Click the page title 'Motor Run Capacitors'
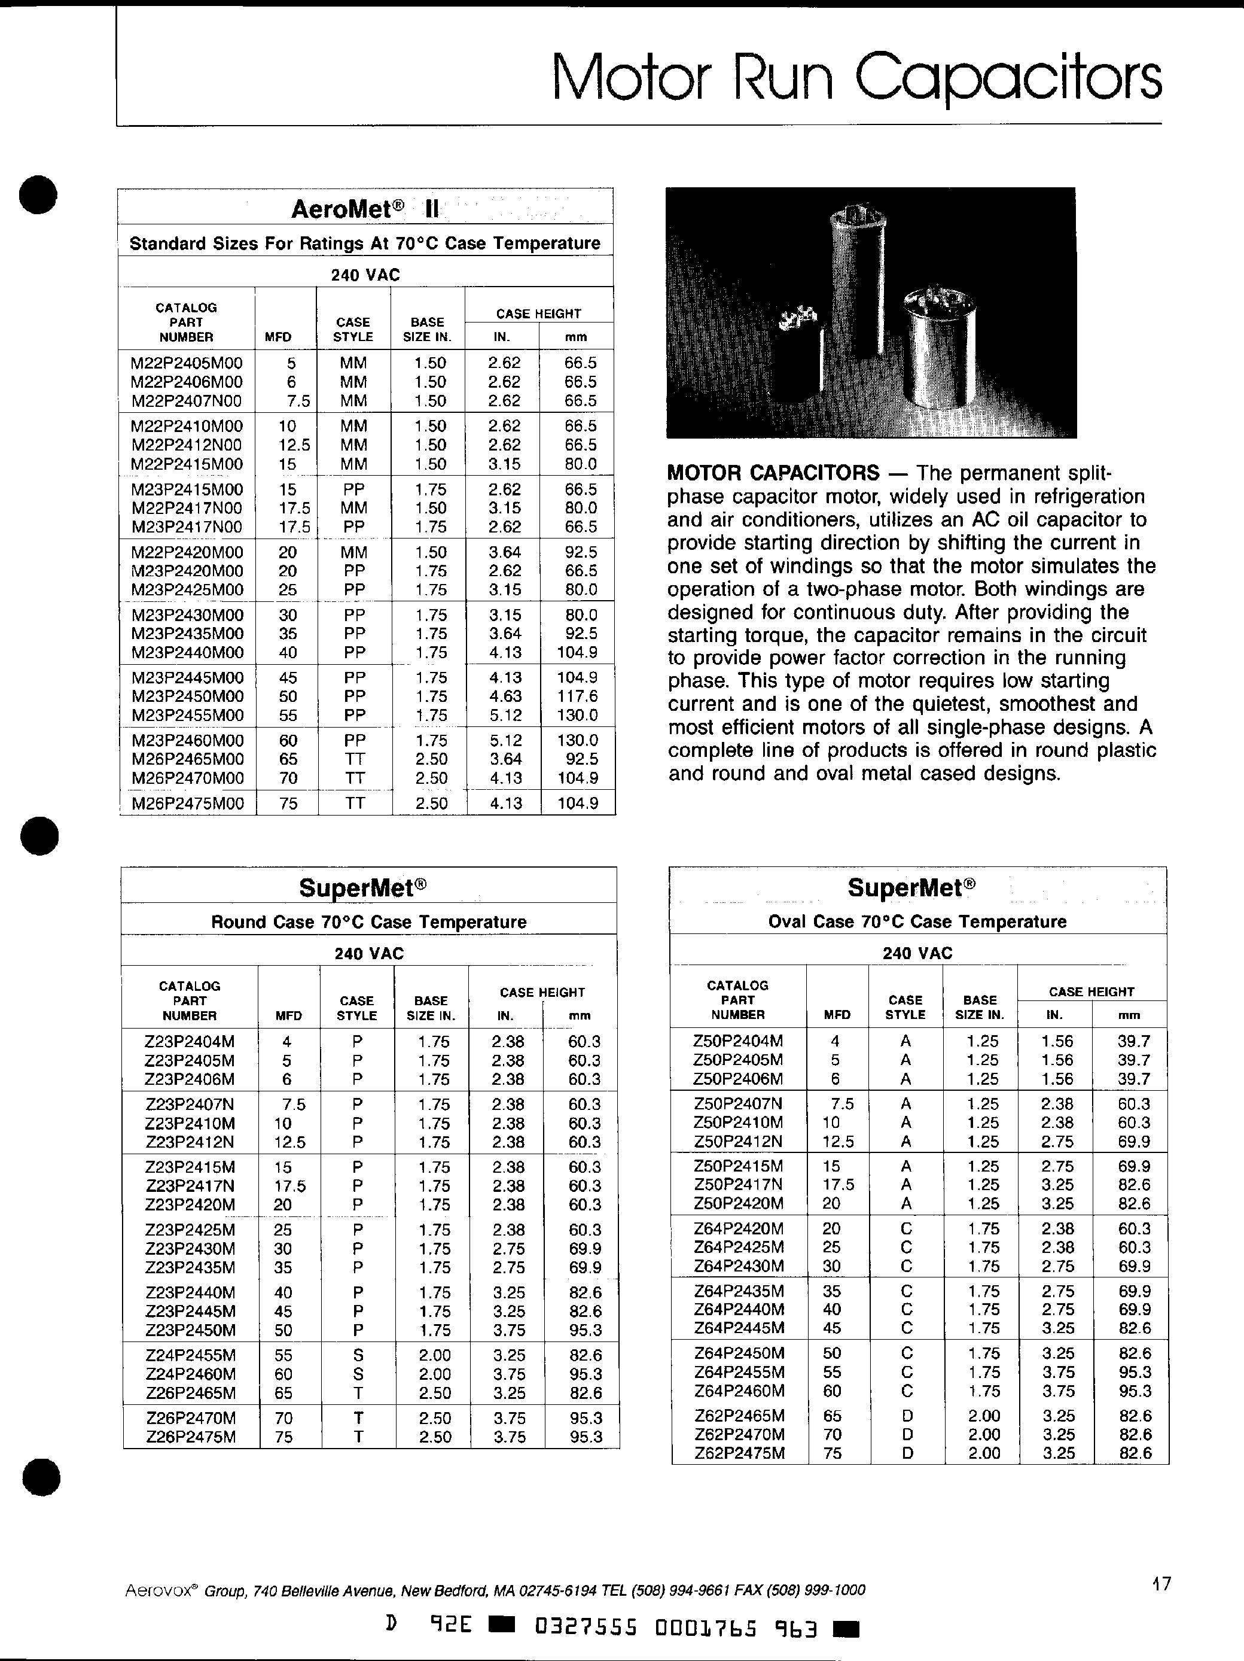coord(856,79)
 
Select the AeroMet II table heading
coord(365,208)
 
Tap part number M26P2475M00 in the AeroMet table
coord(188,804)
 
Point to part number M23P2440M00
coord(188,653)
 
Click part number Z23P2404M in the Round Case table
coord(190,1042)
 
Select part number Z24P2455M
coord(190,1355)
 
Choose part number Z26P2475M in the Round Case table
coord(190,1437)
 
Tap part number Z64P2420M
coord(739,1228)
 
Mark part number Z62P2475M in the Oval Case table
coord(739,1453)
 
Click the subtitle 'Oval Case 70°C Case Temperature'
coord(917,921)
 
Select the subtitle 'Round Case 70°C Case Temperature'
coord(368,922)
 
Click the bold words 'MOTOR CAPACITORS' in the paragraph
coord(773,473)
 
